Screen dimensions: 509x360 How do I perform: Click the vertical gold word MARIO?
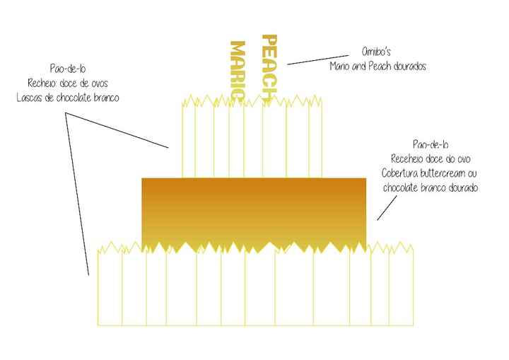[x=238, y=70]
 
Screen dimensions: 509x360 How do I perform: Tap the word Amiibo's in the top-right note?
[x=376, y=52]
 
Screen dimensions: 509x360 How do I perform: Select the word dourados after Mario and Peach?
[x=409, y=66]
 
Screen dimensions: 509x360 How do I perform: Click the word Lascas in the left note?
[x=30, y=98]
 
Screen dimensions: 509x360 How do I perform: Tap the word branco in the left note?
[x=107, y=98]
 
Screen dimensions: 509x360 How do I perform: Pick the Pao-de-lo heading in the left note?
[x=68, y=69]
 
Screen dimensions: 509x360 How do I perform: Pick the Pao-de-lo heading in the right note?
[x=431, y=144]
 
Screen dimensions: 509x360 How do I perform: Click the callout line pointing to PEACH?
[x=318, y=60]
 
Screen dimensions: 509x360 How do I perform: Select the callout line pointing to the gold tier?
[x=387, y=208]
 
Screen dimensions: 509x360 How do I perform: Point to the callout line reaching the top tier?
[x=117, y=130]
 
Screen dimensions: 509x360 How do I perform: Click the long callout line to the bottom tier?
[x=77, y=194]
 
